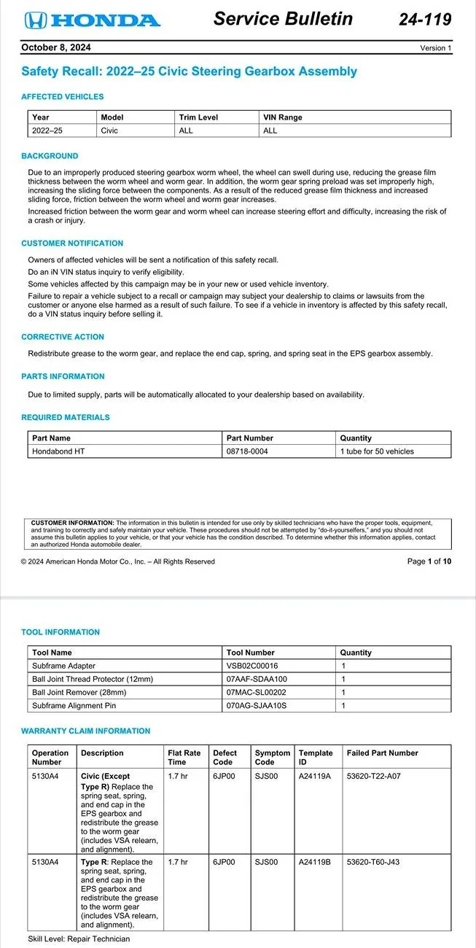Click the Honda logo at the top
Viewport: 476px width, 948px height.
click(x=91, y=20)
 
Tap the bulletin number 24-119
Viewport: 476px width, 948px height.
click(x=425, y=20)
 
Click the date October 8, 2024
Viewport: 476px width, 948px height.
click(x=55, y=48)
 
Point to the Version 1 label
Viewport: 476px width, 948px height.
click(x=436, y=48)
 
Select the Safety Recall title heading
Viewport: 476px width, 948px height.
click(x=190, y=71)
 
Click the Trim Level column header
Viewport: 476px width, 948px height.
click(x=198, y=117)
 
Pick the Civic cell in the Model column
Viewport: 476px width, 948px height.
click(x=109, y=131)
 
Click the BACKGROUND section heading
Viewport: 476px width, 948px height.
click(x=50, y=156)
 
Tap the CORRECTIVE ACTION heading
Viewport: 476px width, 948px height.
click(x=63, y=337)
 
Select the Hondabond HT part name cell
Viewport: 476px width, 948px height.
click(x=58, y=451)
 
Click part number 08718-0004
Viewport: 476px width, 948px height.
click(x=247, y=451)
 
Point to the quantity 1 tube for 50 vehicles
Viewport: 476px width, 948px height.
click(x=377, y=451)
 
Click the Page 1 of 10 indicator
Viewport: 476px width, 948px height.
click(x=429, y=562)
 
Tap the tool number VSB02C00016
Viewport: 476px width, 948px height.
click(x=252, y=666)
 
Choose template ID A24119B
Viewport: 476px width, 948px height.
click(x=315, y=862)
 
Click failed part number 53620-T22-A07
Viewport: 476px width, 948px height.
click(x=374, y=777)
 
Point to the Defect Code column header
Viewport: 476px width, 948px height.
click(x=225, y=757)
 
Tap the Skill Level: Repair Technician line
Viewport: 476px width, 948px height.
click(x=79, y=939)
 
